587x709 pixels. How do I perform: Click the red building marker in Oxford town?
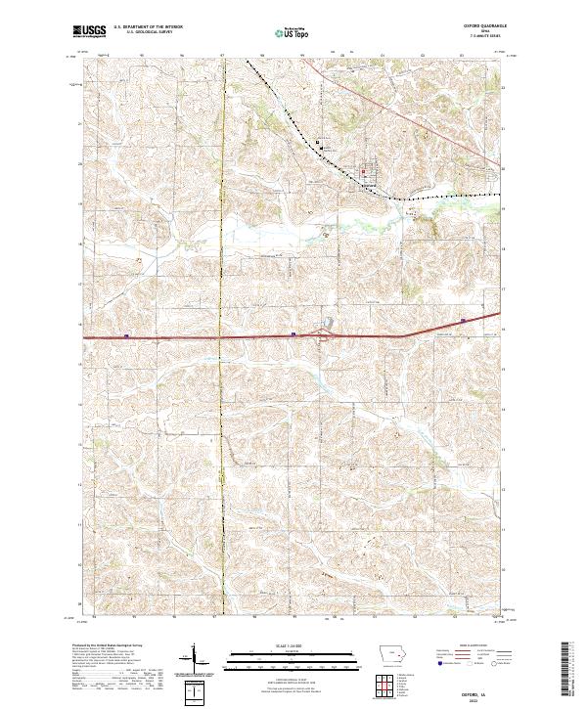tap(365, 174)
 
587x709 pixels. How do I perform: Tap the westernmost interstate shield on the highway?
tap(127, 335)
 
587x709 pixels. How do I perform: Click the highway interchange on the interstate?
tap(326, 334)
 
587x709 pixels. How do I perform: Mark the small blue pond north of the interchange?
tap(330, 322)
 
